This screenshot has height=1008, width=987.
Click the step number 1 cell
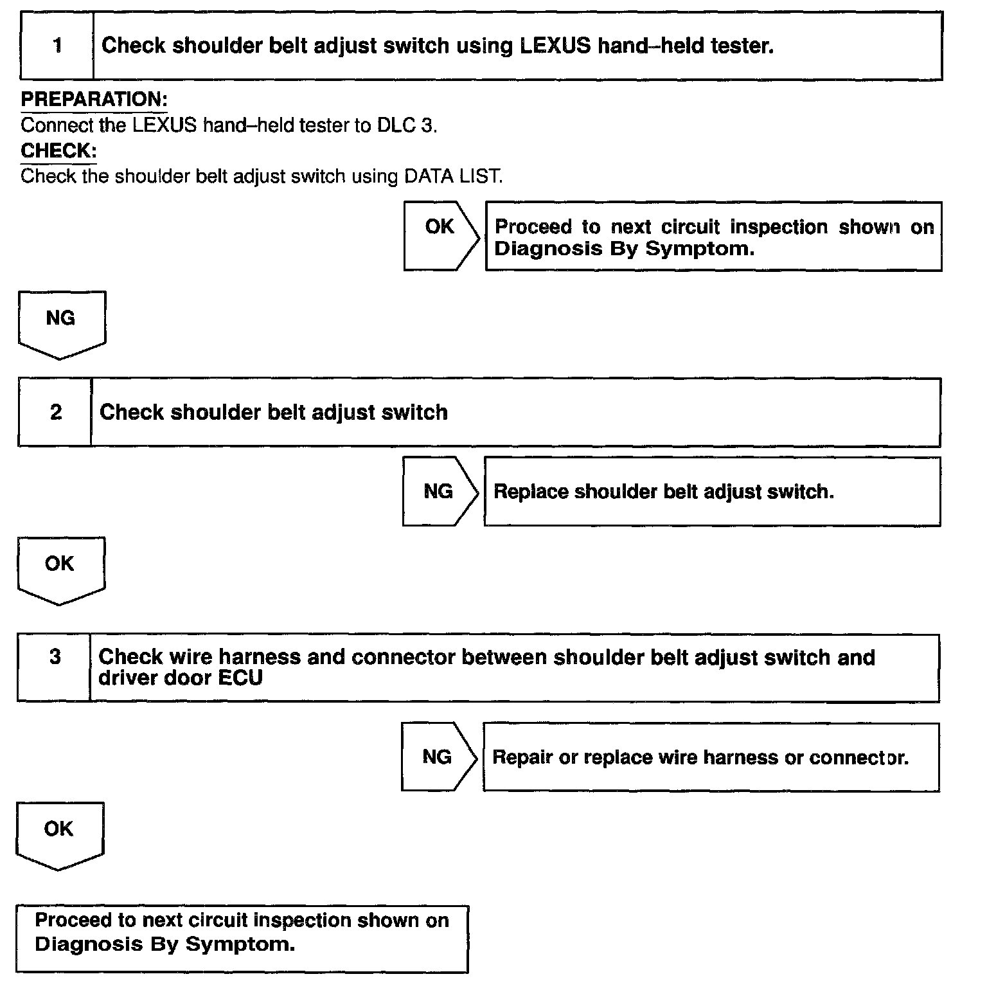[57, 46]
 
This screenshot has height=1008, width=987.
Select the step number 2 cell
[55, 412]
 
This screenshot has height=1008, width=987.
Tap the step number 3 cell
[55, 658]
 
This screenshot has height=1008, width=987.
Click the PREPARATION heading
[94, 100]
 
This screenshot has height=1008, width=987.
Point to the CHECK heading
[58, 151]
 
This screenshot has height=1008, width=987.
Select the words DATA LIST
[452, 177]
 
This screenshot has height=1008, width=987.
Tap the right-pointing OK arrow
[440, 235]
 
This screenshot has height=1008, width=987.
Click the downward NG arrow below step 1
[61, 323]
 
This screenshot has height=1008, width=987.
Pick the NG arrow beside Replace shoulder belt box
[439, 492]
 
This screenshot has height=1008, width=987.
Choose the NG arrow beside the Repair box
[438, 757]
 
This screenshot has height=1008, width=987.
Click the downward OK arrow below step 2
[60, 569]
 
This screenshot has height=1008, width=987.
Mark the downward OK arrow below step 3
[59, 834]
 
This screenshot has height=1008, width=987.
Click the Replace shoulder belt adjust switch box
[711, 492]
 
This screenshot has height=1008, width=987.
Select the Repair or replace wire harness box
[710, 757]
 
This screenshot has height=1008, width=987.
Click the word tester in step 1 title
[742, 46]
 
